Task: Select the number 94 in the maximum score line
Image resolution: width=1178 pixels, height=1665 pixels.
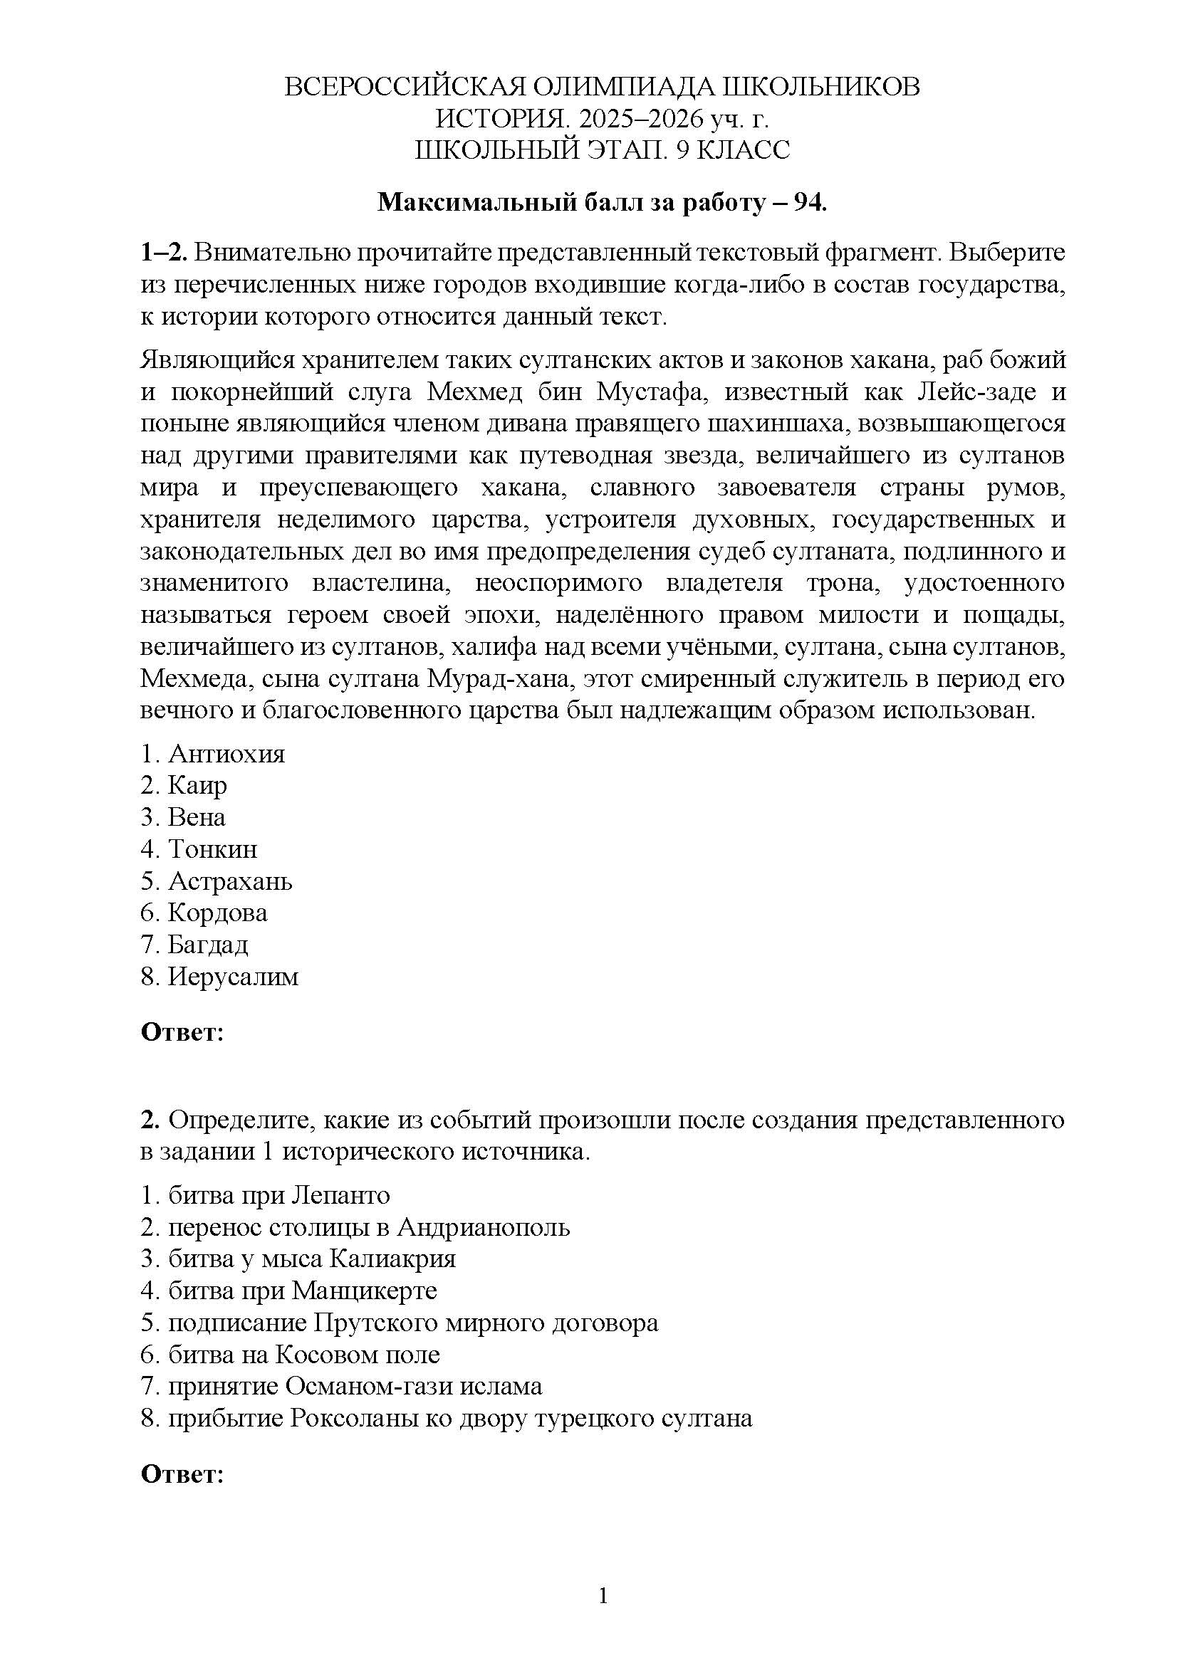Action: pyautogui.click(x=809, y=203)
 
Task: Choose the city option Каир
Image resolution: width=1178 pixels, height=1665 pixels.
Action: pyautogui.click(x=197, y=785)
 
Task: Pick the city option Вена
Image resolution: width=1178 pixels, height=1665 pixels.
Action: pyautogui.click(x=197, y=817)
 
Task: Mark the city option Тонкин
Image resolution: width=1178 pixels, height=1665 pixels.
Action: pyautogui.click(x=212, y=849)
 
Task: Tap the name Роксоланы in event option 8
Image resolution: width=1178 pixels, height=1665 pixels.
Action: pyautogui.click(x=360, y=1418)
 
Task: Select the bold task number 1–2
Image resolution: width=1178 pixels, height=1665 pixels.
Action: pyautogui.click(x=165, y=253)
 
